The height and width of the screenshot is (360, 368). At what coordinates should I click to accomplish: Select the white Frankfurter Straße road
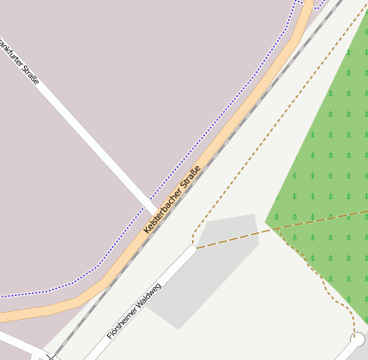pyautogui.click(x=94, y=145)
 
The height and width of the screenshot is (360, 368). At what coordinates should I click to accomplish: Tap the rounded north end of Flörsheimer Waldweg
pyautogui.click(x=191, y=249)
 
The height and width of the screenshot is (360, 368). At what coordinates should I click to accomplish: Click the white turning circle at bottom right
pyautogui.click(x=358, y=339)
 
